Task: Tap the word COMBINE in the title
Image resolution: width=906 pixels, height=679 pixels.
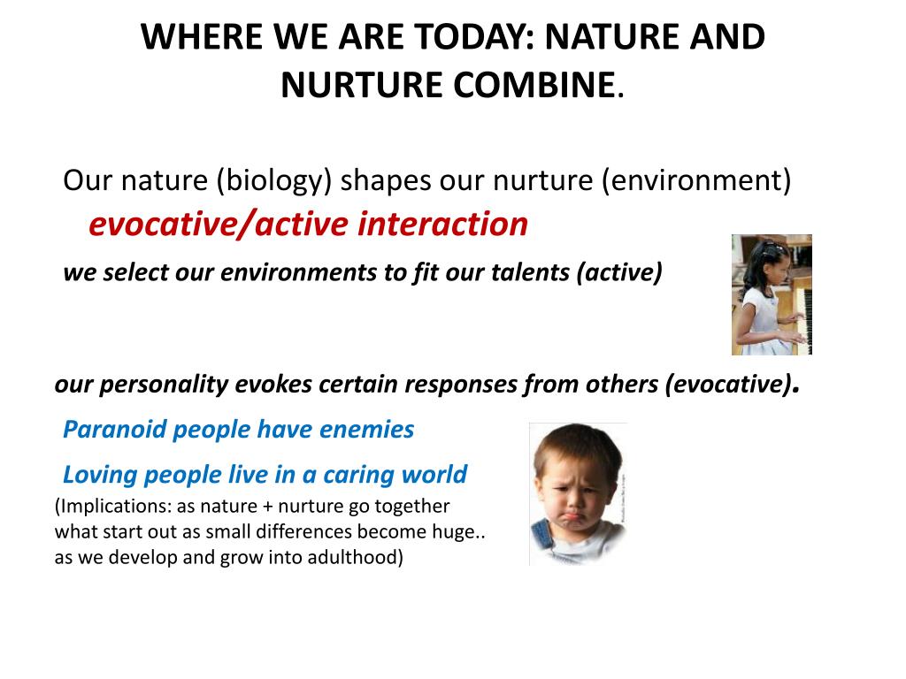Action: (534, 85)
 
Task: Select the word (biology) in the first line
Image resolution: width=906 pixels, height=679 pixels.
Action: (274, 180)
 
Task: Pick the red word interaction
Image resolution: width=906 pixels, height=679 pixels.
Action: (442, 224)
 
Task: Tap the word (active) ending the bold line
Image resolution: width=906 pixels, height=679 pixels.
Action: (618, 272)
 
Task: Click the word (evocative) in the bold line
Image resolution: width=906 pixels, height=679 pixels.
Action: (728, 385)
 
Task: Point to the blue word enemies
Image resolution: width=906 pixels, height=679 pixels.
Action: (366, 430)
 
